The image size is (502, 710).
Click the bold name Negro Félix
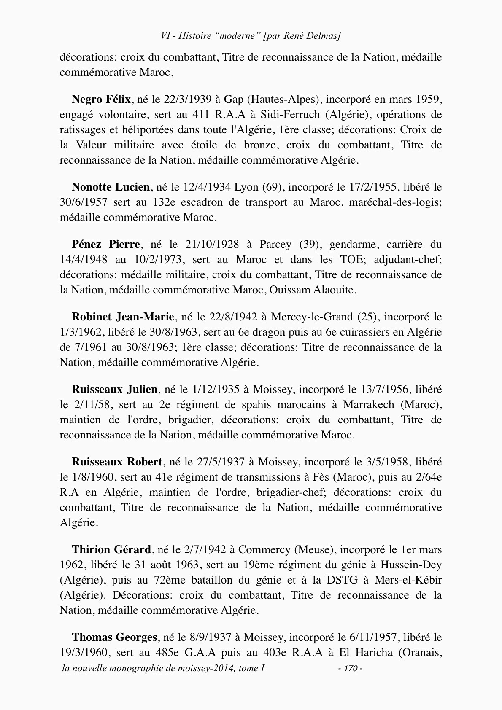tap(101, 100)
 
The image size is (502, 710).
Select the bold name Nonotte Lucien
tap(111, 187)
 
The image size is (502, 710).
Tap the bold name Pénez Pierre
tap(105, 245)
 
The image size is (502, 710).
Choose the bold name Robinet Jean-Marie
tap(123, 317)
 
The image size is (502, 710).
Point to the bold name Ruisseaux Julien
tap(114, 389)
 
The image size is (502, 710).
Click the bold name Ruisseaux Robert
tap(117, 462)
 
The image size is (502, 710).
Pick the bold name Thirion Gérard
tap(111, 550)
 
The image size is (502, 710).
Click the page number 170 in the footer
tap(351, 669)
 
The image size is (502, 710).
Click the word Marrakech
tap(369, 405)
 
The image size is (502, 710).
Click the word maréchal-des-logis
tap(396, 202)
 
